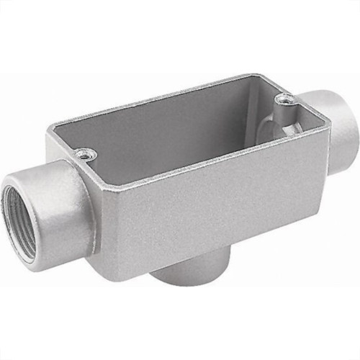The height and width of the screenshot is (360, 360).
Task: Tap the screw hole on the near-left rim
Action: point(85,153)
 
